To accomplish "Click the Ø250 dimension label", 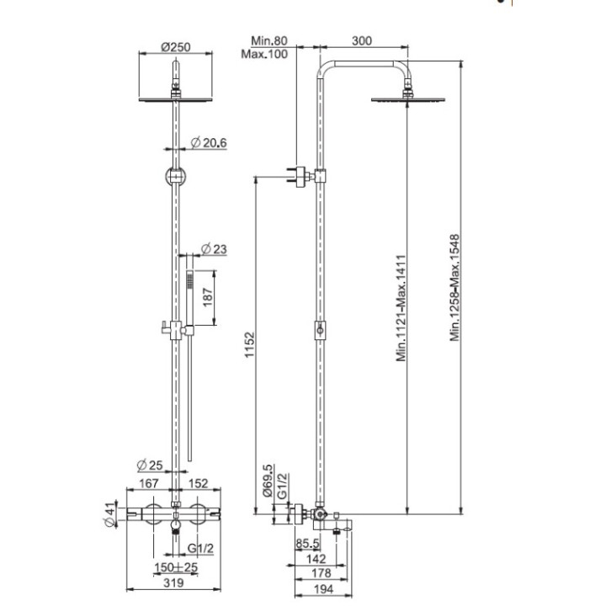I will pos(175,47).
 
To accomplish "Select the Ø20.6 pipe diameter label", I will pos(210,143).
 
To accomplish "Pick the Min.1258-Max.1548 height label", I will pos(455,288).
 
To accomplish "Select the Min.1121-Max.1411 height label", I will pos(402,307).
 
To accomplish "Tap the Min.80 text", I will pos(268,40).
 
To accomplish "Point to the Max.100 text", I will pos(266,53).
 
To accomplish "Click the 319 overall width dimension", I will pos(174,582).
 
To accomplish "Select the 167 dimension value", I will pos(150,484).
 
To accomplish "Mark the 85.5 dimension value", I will pos(307,543).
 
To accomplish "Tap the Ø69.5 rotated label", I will pos(268,482).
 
